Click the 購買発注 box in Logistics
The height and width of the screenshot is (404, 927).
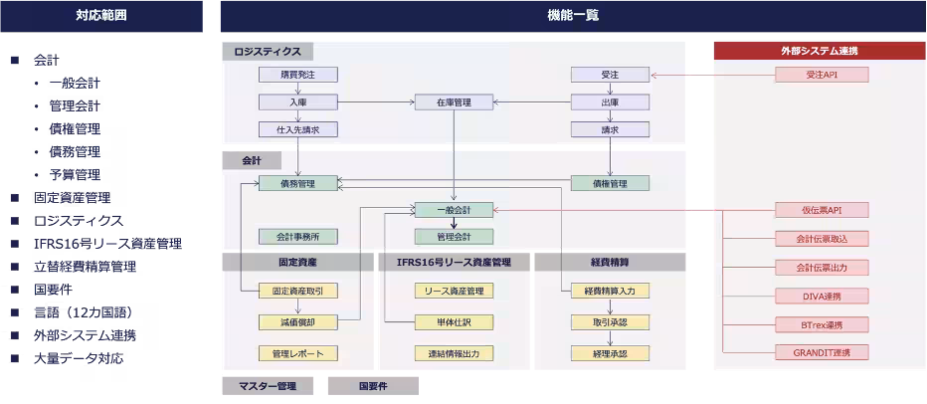[x=298, y=75]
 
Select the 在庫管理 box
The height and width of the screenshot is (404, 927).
[x=455, y=102]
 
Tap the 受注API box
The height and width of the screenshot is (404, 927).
[x=822, y=75]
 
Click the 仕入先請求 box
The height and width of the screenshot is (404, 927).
[x=298, y=129]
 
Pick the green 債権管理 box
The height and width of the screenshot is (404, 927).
[x=610, y=183]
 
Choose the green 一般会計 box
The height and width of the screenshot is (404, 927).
[x=455, y=210]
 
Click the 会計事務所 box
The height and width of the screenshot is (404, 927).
[x=298, y=237]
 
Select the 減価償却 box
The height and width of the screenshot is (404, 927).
[x=298, y=321]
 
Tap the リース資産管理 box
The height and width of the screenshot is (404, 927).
[x=455, y=291]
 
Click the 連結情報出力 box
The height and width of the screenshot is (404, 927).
[x=455, y=353]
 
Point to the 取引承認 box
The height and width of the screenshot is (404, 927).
[x=610, y=321]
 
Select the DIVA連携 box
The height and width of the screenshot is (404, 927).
[x=822, y=296]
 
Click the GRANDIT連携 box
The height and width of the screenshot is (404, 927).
[x=822, y=352]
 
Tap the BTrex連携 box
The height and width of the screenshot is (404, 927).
[x=822, y=324]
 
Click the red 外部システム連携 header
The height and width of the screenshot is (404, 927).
[x=819, y=50]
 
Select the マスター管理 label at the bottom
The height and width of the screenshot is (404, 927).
[x=267, y=385]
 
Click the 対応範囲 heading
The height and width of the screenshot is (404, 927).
[x=101, y=15]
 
